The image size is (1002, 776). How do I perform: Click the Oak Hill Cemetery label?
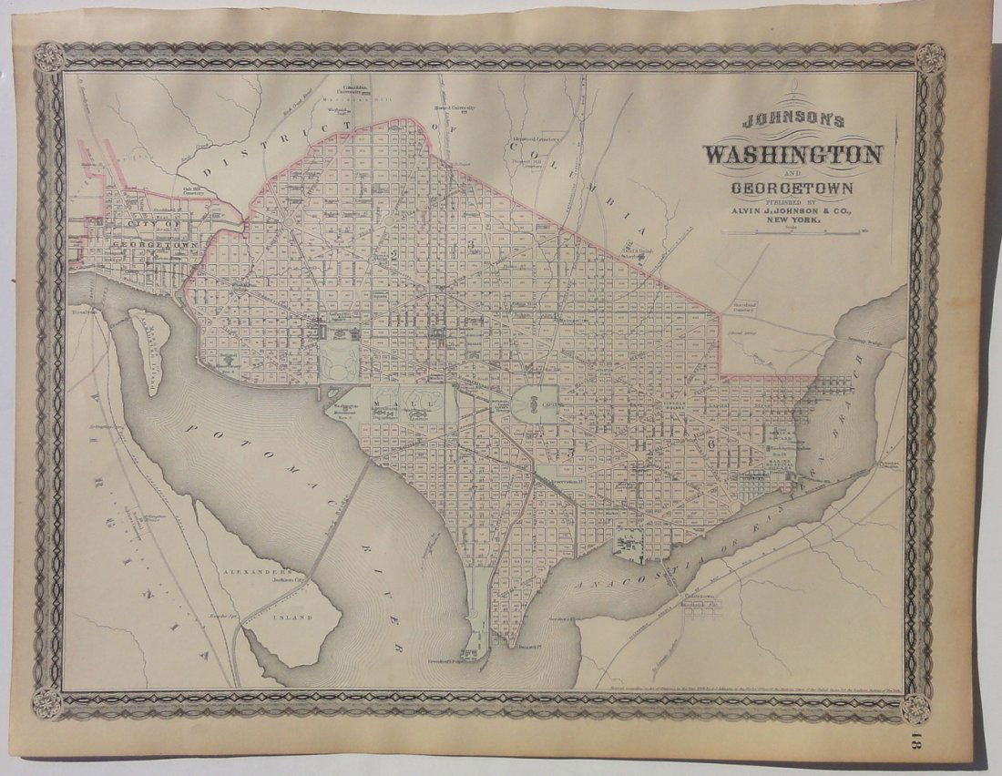point(192,189)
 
